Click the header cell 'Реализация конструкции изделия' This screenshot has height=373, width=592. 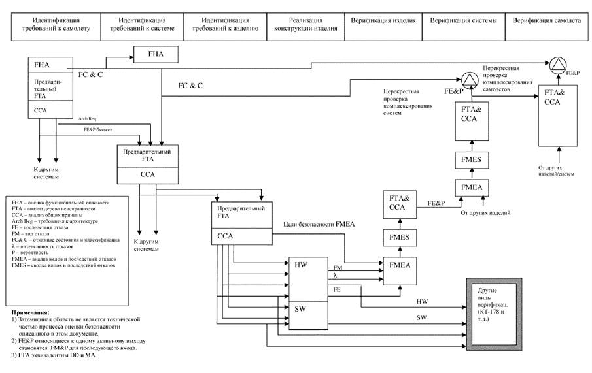[x=305, y=25]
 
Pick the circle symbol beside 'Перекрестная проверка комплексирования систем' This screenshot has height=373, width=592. [x=469, y=80]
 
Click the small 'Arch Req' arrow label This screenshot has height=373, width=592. [x=89, y=119]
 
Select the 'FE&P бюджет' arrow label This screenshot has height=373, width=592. [x=95, y=130]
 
